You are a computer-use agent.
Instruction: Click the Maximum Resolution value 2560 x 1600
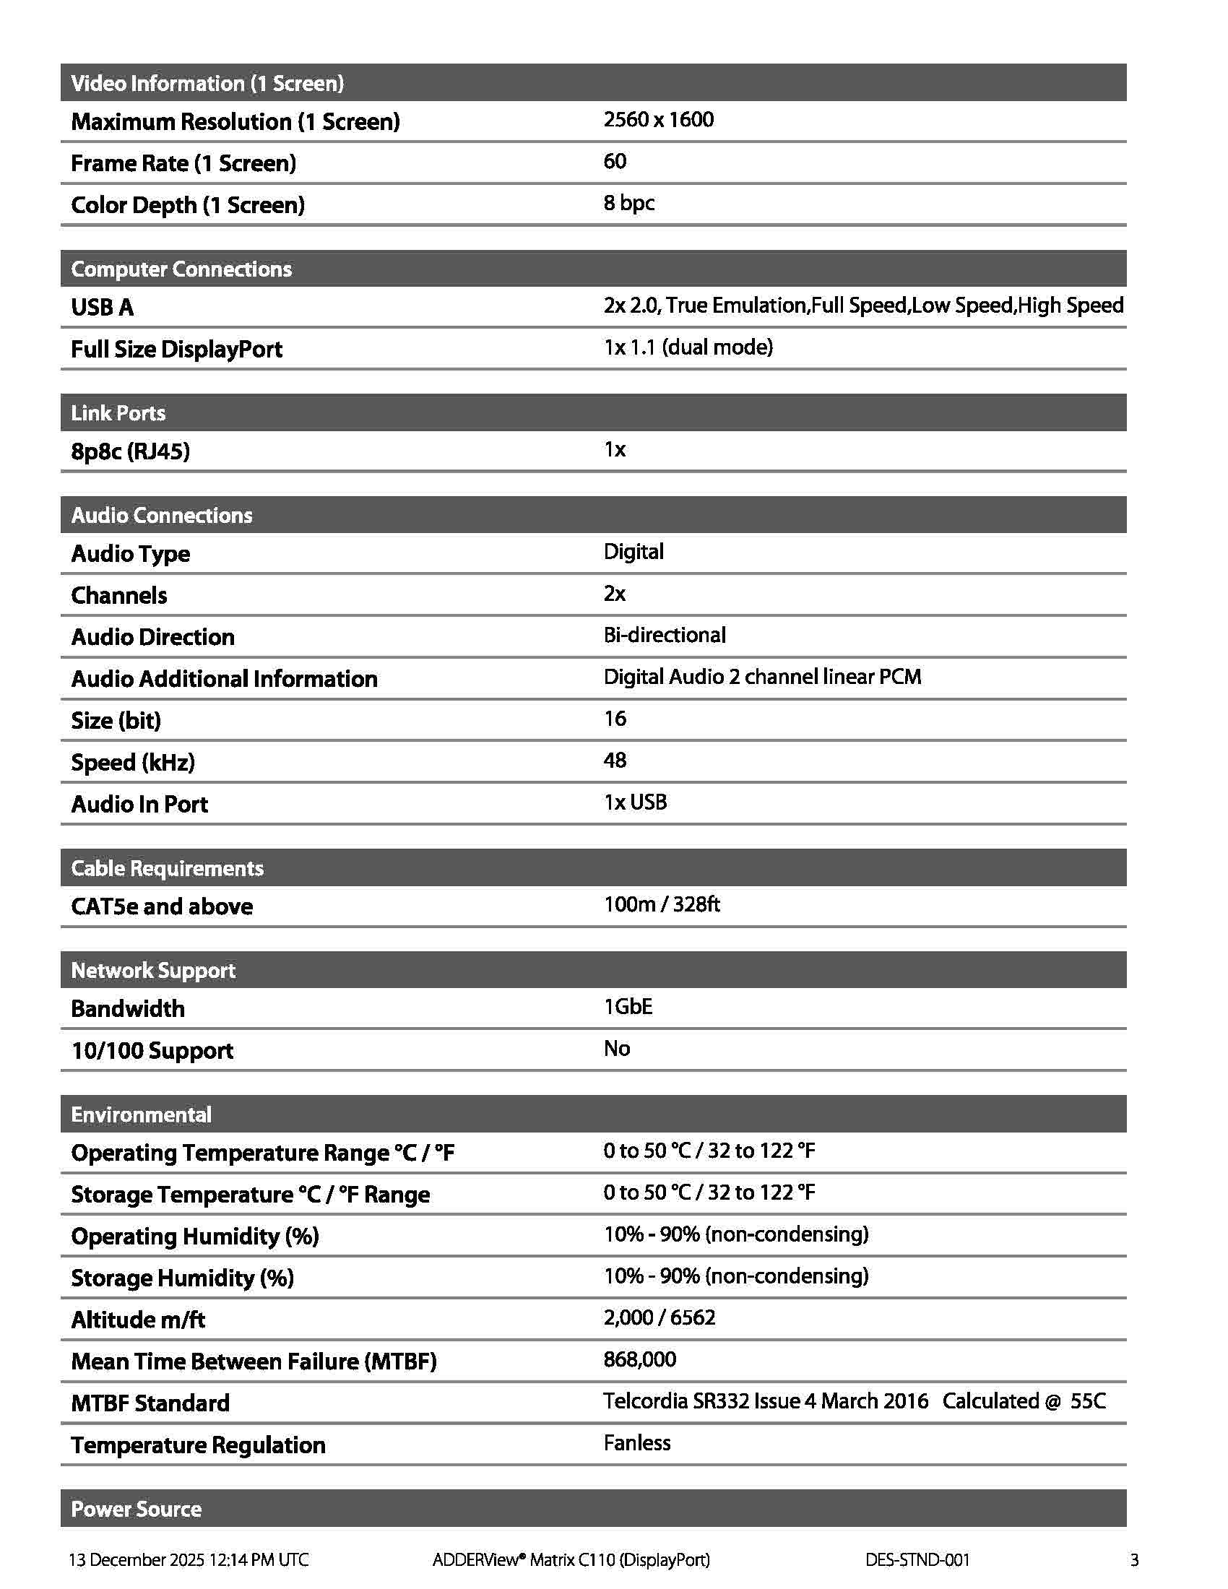pos(658,120)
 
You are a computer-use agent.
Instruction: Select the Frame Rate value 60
pos(615,162)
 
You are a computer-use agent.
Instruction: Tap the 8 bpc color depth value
pos(628,203)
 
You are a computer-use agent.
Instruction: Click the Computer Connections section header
pos(181,269)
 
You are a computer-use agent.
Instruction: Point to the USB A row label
pos(103,308)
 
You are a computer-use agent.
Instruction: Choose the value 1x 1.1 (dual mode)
pos(688,347)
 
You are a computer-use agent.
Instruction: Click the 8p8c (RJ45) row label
pos(130,452)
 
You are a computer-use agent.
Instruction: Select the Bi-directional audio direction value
pos(664,635)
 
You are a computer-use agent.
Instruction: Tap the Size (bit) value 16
pos(615,719)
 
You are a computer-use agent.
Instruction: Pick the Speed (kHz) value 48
pos(615,761)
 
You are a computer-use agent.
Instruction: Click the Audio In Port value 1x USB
pos(635,802)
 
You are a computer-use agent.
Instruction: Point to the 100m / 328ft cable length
pos(661,904)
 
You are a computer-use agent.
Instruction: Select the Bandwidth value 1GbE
pos(628,1007)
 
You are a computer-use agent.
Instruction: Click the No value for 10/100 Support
pos(617,1049)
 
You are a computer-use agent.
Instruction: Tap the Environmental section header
pos(141,1114)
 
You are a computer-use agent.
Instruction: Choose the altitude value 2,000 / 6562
pos(659,1317)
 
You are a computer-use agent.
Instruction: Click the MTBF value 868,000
pos(639,1359)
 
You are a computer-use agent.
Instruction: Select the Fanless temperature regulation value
pos(636,1443)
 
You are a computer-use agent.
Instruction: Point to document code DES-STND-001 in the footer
pos(917,1559)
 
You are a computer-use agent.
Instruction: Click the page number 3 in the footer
pos(1134,1559)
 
